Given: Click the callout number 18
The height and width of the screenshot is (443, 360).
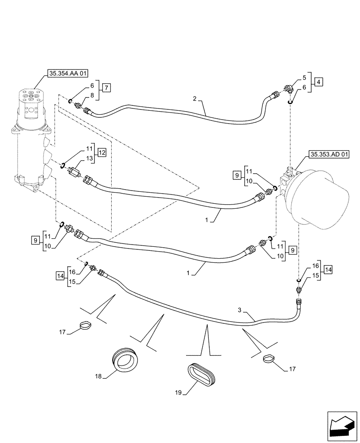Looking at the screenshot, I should (98, 376).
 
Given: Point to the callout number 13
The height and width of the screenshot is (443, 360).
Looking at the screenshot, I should (90, 158).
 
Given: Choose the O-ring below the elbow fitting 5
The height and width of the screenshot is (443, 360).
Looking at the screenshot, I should (289, 103).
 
